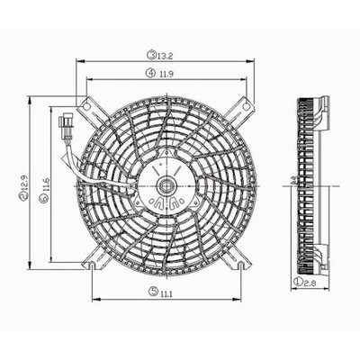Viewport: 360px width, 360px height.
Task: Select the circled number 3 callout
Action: (151, 55)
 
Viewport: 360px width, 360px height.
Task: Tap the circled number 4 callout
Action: (150, 73)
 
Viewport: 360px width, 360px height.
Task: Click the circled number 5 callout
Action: (153, 291)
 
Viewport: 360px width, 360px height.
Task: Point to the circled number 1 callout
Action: (298, 282)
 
